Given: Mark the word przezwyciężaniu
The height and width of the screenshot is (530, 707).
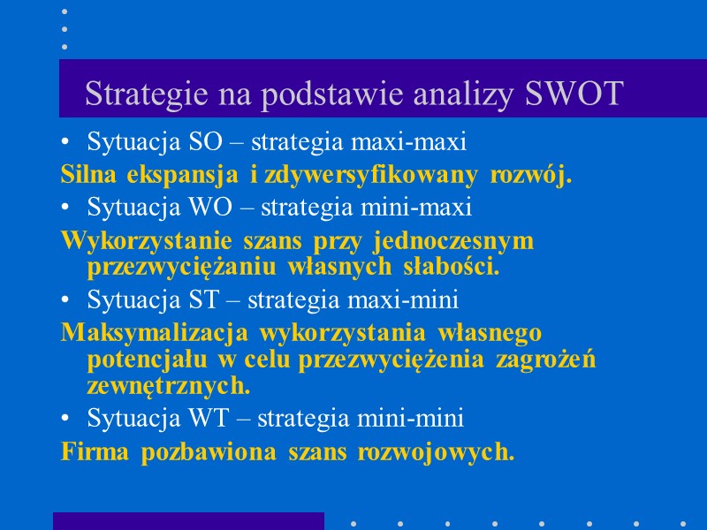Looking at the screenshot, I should coord(173,267).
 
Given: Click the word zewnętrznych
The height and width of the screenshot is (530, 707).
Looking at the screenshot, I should coord(169,385).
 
